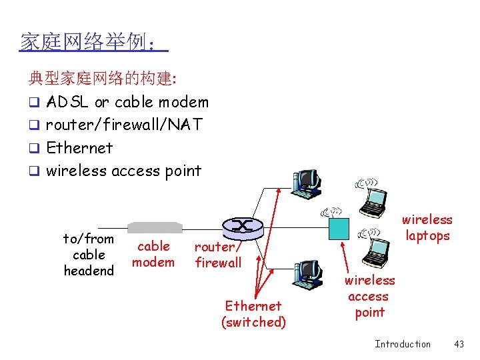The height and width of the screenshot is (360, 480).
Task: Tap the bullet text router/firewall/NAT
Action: tap(124, 125)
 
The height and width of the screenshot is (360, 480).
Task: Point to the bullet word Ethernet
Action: tap(79, 147)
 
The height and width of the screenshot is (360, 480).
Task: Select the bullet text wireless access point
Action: tap(123, 171)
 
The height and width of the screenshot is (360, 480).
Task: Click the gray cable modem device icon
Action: tap(155, 227)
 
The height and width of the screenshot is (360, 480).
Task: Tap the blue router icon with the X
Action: tap(240, 226)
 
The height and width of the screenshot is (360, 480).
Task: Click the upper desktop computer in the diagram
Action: tap(307, 183)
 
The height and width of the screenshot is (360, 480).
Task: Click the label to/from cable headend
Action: tap(89, 255)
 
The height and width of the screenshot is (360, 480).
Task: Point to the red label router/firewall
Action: tap(218, 255)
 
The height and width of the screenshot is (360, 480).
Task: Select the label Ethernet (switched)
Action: tap(253, 314)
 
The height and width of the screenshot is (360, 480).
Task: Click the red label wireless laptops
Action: tap(427, 227)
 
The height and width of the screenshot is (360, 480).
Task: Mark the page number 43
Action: tap(459, 344)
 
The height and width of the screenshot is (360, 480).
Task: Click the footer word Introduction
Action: tap(403, 344)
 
